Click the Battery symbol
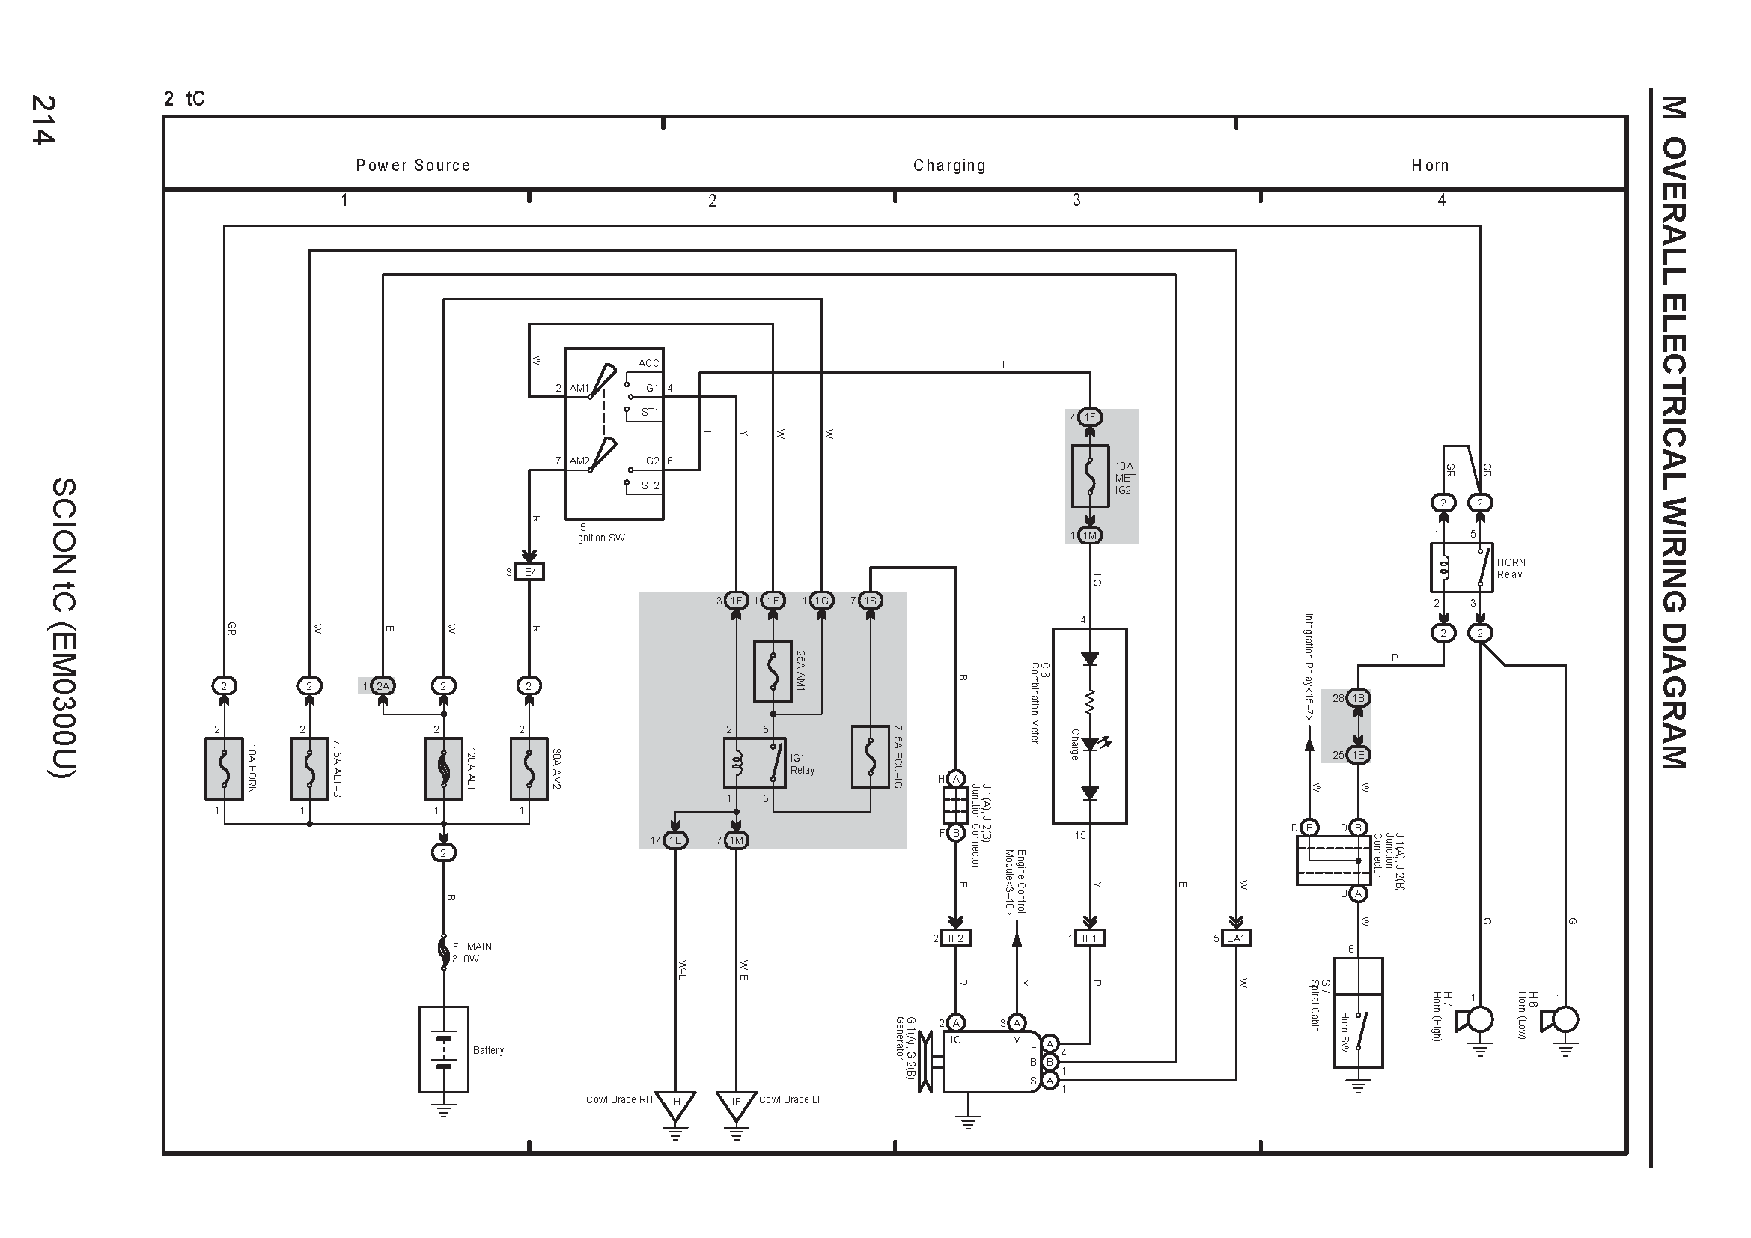(x=443, y=1049)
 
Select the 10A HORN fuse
(x=225, y=768)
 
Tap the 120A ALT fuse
(x=443, y=768)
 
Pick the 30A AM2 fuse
(x=529, y=768)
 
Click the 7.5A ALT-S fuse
(x=310, y=768)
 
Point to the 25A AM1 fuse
(x=773, y=671)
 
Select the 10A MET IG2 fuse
(x=1090, y=476)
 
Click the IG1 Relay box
(x=755, y=762)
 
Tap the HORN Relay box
(x=1461, y=568)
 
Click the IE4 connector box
(x=529, y=572)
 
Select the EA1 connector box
(x=1236, y=938)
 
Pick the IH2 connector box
(x=955, y=938)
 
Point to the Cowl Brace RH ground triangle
(x=675, y=1105)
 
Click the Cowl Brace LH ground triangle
(x=736, y=1105)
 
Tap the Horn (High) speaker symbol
(x=1473, y=1020)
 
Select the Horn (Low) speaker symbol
(x=1559, y=1020)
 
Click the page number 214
(x=43, y=120)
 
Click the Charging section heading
(x=949, y=166)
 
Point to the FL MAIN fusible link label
(x=472, y=953)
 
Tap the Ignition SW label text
(x=600, y=538)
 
